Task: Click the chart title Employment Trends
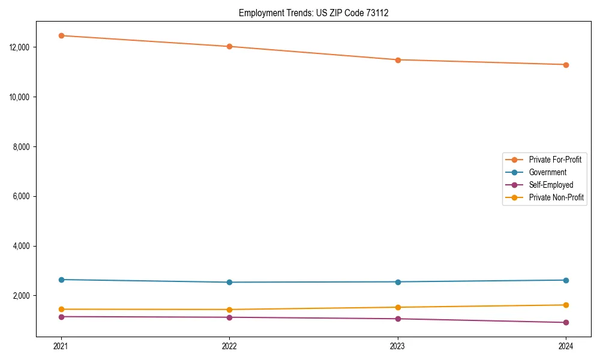tap(313, 13)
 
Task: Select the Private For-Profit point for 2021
tap(61, 35)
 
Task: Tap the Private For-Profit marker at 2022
tap(229, 46)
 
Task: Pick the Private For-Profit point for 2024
tap(566, 65)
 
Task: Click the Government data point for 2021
tap(61, 280)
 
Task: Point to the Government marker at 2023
tap(398, 282)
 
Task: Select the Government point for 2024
tap(566, 280)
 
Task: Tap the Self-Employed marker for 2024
tap(566, 323)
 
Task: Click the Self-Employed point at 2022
tap(229, 317)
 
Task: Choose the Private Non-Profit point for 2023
tap(398, 307)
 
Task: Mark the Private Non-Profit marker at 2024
tap(566, 305)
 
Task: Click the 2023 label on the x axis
tap(398, 346)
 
